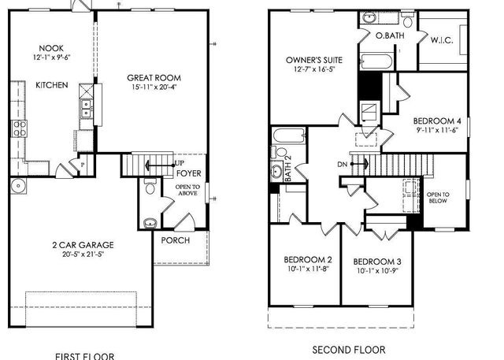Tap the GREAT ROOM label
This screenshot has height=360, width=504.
point(154,77)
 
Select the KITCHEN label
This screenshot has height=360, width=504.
point(51,85)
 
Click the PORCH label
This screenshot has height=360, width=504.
point(175,240)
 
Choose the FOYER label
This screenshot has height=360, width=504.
point(187,173)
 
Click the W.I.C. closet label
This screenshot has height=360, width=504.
point(441,39)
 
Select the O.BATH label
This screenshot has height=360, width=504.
point(390,36)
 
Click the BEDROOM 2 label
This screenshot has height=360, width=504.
point(308,260)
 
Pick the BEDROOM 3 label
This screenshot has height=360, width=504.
point(377,262)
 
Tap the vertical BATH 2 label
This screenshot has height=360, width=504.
point(288,168)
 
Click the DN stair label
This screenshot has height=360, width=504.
point(343,164)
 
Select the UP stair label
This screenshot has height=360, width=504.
point(180,163)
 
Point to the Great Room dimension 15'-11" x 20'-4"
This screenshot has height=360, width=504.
point(154,87)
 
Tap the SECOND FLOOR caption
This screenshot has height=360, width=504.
point(349,349)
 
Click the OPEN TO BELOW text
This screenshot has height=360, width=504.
point(437,197)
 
